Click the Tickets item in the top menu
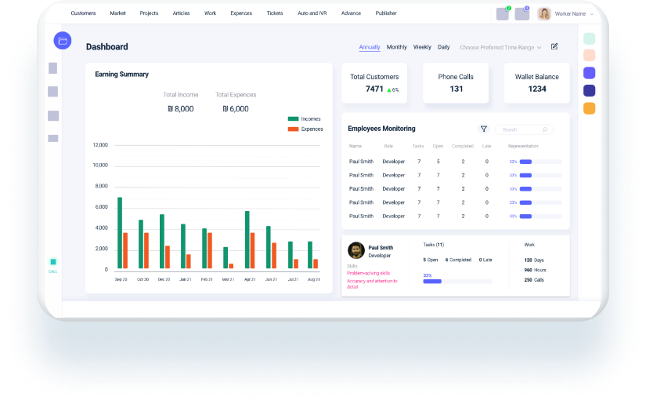[275, 13]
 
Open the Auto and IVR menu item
[312, 13]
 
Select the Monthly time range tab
[397, 47]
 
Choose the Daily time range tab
[443, 47]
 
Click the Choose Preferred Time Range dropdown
[500, 47]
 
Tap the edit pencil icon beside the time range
[554, 46]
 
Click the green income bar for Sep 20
[120, 232]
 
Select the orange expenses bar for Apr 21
[252, 250]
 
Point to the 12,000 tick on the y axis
[100, 145]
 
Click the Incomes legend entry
[305, 119]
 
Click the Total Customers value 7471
[374, 89]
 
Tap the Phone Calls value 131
[456, 89]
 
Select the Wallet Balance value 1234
[536, 89]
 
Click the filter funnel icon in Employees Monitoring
[484, 129]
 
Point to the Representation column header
[523, 146]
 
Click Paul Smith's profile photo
[356, 250]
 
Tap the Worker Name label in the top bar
[570, 14]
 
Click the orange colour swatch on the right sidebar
[589, 108]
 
